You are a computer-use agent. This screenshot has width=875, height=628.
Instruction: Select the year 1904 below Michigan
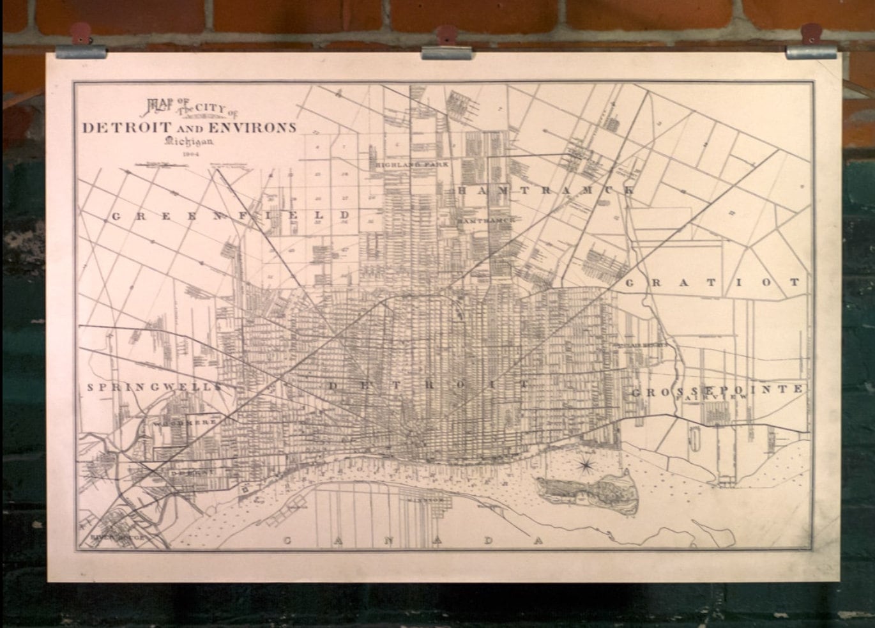[190, 154]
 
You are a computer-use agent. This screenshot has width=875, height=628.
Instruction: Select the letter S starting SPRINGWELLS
[91, 387]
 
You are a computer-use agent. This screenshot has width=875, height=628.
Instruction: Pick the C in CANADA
[287, 540]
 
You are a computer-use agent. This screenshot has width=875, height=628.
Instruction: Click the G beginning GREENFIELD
[116, 216]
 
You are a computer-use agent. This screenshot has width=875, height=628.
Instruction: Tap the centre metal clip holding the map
[446, 51]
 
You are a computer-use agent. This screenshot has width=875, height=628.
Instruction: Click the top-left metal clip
[80, 50]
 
